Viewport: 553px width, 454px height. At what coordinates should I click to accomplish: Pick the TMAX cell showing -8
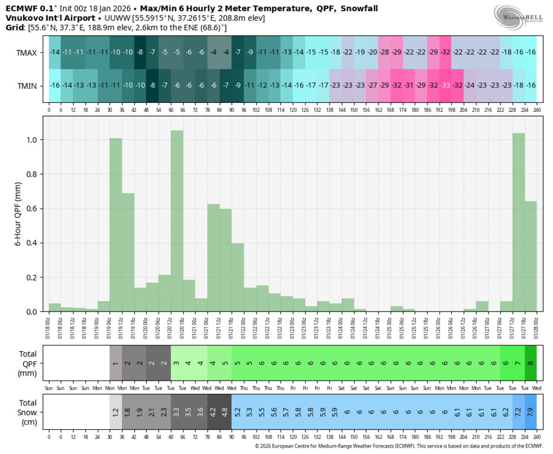point(140,53)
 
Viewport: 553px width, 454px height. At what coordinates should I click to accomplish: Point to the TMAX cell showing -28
point(384,53)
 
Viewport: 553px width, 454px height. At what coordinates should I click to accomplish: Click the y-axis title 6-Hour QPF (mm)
point(18,213)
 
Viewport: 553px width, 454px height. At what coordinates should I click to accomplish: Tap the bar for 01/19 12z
point(116,225)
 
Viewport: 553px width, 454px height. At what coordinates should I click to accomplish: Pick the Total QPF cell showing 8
point(531,362)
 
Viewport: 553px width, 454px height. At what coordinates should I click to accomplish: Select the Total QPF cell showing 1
point(116,362)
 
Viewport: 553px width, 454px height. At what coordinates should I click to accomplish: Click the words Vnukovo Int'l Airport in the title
point(42,18)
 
